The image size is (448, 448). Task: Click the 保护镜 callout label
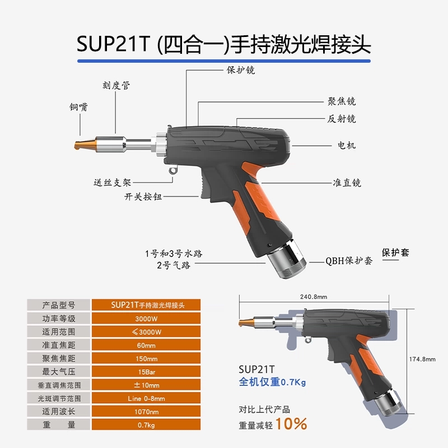coord(241,70)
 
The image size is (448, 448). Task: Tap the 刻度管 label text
coord(116,85)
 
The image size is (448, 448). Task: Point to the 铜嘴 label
coord(78,107)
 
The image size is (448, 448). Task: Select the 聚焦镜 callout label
coord(342,101)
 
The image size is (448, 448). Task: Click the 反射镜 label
coord(342,119)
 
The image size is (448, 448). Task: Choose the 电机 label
coord(347,146)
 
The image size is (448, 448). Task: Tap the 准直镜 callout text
coord(347,183)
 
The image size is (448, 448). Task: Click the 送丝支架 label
coord(113,183)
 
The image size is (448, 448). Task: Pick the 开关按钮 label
coord(143,197)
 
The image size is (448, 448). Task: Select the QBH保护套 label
coord(349,260)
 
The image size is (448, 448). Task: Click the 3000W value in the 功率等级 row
coord(146,319)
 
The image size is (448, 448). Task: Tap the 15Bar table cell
coord(146,372)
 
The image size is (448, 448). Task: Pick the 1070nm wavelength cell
coord(146,412)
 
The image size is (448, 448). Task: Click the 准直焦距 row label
coord(59,345)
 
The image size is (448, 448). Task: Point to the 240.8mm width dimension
coord(314,297)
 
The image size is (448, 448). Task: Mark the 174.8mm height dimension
coord(422,359)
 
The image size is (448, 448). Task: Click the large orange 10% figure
coord(291,424)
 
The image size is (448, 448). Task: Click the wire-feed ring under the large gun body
coord(173,171)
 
